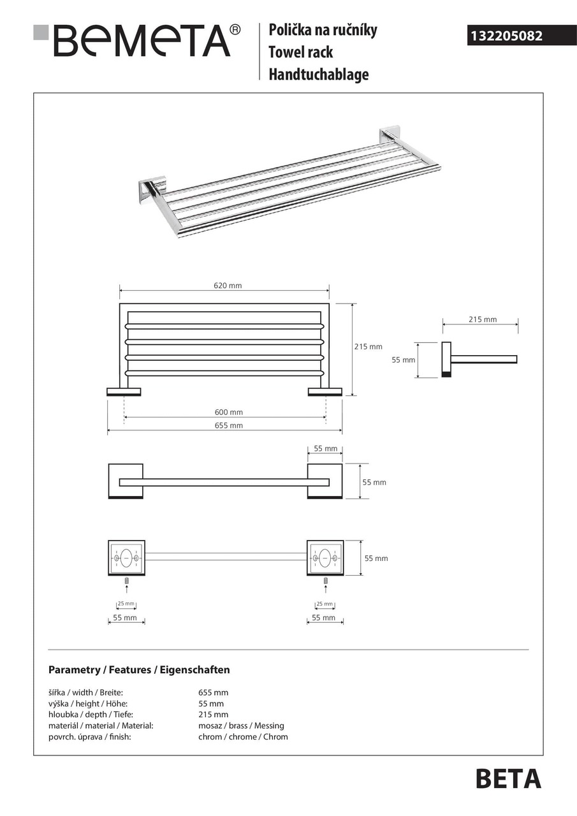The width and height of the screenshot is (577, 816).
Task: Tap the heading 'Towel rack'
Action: [x=300, y=52]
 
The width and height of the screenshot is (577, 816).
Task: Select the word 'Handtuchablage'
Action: [x=318, y=75]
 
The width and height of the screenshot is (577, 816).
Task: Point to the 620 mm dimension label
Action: [x=228, y=286]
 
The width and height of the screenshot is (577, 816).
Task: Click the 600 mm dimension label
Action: [x=228, y=412]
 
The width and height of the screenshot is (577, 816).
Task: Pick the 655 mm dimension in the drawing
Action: [x=228, y=425]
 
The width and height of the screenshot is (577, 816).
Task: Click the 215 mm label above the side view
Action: [x=482, y=319]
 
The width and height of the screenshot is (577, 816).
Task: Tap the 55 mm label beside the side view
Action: [x=403, y=360]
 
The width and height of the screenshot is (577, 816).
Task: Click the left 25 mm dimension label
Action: [x=126, y=604]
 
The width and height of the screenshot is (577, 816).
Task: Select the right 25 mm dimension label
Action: [x=325, y=604]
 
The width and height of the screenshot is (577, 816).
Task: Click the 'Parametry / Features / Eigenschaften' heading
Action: [x=139, y=670]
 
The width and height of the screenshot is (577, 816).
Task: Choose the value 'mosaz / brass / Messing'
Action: [x=241, y=725]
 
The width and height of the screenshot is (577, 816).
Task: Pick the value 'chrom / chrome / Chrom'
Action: [x=243, y=737]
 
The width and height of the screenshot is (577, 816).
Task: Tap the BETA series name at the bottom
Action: [x=508, y=779]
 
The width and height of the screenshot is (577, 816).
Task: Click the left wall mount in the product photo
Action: [x=152, y=189]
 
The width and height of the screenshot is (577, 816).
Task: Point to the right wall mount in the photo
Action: [x=389, y=136]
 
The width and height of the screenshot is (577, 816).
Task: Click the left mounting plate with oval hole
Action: [x=126, y=558]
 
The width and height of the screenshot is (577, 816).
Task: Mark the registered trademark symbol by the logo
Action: [x=235, y=29]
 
